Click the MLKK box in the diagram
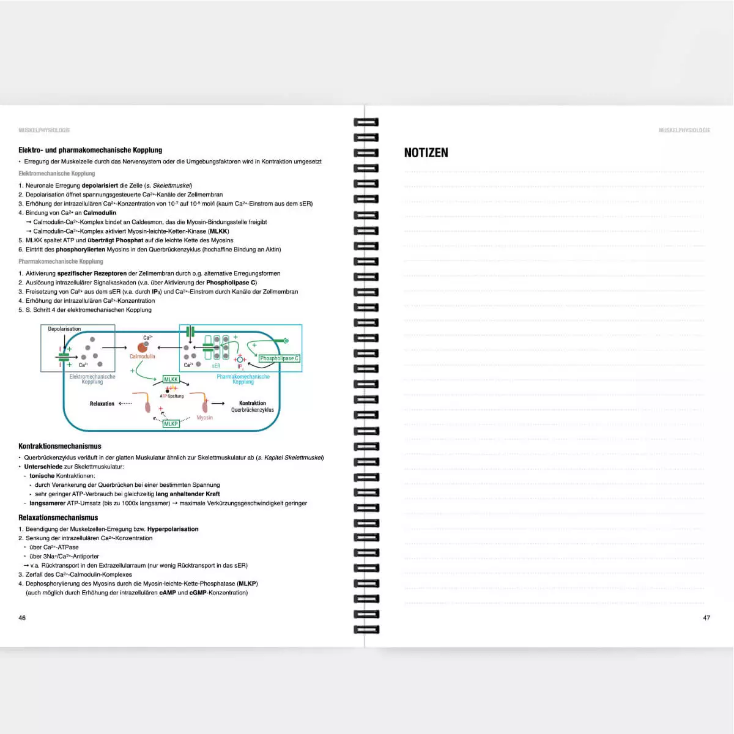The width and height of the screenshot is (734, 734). (x=171, y=379)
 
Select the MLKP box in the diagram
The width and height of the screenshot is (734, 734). (x=171, y=423)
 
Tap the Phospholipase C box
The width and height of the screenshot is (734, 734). (x=279, y=358)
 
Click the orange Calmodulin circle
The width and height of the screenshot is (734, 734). (x=143, y=348)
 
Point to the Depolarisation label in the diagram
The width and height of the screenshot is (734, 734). (x=64, y=329)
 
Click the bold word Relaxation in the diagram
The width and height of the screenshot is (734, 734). (x=102, y=404)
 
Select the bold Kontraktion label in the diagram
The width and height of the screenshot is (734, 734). (x=252, y=403)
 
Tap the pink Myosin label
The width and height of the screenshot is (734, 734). (x=204, y=418)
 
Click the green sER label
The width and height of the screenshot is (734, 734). (x=216, y=366)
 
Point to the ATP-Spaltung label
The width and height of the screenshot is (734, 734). (x=172, y=396)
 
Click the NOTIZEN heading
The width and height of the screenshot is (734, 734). (x=426, y=153)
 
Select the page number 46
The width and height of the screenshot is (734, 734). (x=22, y=618)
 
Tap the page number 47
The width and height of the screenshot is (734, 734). (x=706, y=618)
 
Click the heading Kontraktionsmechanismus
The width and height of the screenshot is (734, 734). (x=60, y=447)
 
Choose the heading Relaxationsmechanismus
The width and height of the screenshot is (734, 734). (x=58, y=517)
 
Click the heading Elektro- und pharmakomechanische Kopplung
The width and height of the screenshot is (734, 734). (x=90, y=150)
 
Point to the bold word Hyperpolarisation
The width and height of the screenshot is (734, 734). (x=172, y=529)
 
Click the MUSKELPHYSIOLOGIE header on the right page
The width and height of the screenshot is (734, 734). (x=684, y=130)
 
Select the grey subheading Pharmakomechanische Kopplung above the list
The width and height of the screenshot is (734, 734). (x=61, y=261)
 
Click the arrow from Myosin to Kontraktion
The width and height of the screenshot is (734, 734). (x=218, y=404)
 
